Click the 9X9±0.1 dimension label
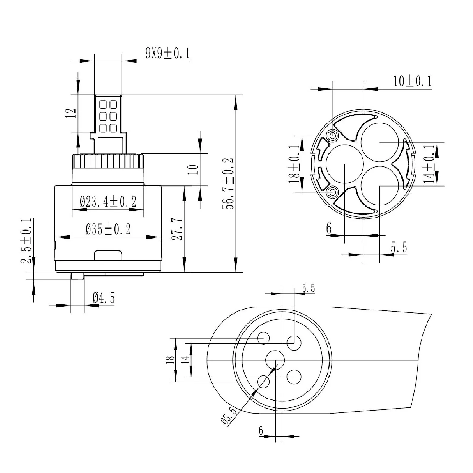[x=167, y=54]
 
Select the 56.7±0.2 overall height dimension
[x=228, y=184]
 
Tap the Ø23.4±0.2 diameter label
[x=108, y=202]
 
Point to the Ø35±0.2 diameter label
[x=108, y=229]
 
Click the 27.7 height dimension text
[x=178, y=229]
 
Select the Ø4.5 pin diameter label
[x=103, y=298]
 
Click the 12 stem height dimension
[x=71, y=113]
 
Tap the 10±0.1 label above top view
[x=412, y=81]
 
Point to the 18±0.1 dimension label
[x=295, y=164]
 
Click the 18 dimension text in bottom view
[x=170, y=360]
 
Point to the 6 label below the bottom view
[x=261, y=430]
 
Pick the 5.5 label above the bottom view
[x=308, y=288]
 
